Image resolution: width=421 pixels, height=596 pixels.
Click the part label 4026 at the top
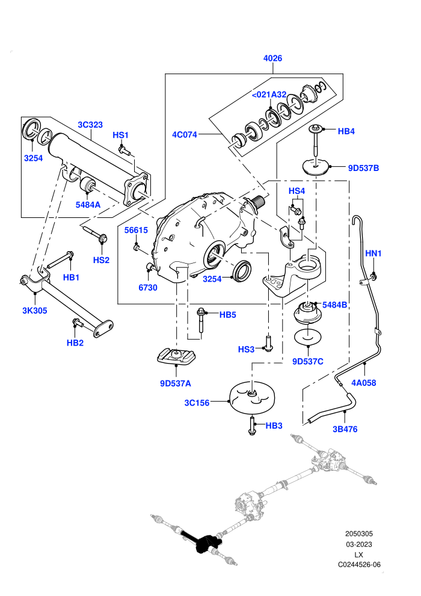pyautogui.click(x=272, y=58)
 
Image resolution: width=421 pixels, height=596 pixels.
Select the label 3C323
pyautogui.click(x=90, y=125)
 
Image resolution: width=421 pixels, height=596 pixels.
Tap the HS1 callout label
pyautogui.click(x=121, y=135)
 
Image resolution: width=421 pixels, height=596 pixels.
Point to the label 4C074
pyautogui.click(x=185, y=135)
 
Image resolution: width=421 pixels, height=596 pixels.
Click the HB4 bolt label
pyautogui.click(x=346, y=131)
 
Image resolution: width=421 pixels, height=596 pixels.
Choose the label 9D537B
pyautogui.click(x=363, y=168)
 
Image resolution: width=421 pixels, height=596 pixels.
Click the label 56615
pyautogui.click(x=137, y=230)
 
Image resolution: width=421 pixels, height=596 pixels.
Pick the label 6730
pyautogui.click(x=148, y=287)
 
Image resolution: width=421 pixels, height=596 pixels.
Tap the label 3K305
pyautogui.click(x=34, y=311)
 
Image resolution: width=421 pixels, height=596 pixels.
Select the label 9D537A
pyautogui.click(x=176, y=383)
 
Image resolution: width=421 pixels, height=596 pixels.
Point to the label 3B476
pyautogui.click(x=345, y=429)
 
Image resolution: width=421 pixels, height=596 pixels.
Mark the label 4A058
pyautogui.click(x=364, y=383)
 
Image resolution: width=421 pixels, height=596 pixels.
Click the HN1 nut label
pyautogui.click(x=373, y=253)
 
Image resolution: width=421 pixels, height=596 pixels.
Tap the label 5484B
pyautogui.click(x=334, y=305)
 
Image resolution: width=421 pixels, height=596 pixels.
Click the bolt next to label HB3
pyautogui.click(x=252, y=426)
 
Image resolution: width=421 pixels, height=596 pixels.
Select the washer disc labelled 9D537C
pyautogui.click(x=308, y=337)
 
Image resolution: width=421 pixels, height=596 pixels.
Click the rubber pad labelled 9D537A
pyautogui.click(x=176, y=356)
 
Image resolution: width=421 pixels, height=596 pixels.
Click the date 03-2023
pyautogui.click(x=358, y=544)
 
